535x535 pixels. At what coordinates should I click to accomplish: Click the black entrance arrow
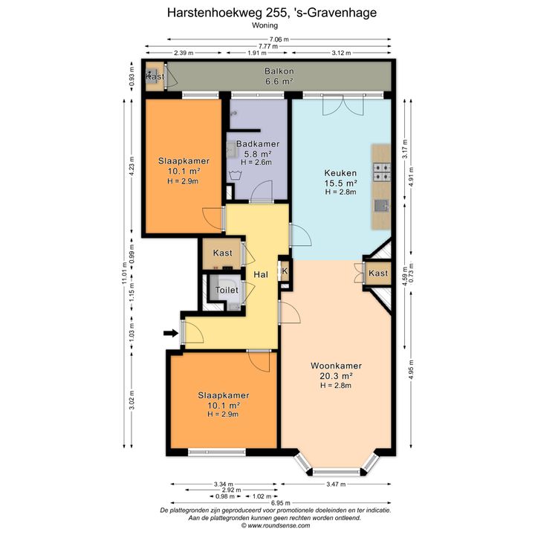[171, 333]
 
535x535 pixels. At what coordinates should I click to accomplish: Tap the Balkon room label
[279, 71]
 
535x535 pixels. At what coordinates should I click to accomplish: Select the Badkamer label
[258, 144]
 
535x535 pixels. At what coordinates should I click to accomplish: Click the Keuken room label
[340, 173]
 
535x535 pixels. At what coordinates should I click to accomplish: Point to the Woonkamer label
[336, 366]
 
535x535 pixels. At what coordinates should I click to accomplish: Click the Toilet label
[227, 290]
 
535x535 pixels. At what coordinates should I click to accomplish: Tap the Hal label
[261, 275]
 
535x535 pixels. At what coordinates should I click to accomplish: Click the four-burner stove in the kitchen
[382, 172]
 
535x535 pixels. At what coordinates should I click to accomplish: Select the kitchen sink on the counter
[381, 206]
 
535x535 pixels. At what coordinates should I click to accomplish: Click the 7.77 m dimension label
[267, 46]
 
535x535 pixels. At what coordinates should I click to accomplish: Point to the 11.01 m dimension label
[125, 273]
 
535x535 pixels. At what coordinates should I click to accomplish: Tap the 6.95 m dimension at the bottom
[281, 503]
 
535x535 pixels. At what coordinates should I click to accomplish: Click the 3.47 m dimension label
[336, 484]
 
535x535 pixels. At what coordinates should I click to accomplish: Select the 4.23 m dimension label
[132, 166]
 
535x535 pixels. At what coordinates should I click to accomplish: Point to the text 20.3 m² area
[336, 376]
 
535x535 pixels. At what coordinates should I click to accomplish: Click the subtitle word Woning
[265, 25]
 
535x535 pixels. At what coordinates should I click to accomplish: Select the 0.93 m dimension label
[132, 77]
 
